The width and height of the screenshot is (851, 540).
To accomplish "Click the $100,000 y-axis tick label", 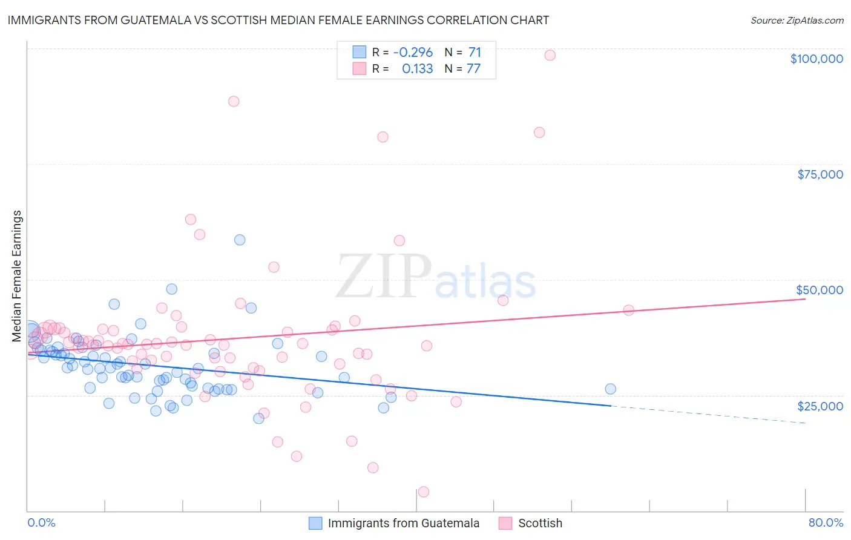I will click(x=816, y=59).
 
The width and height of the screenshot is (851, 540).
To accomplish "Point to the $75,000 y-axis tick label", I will click(x=820, y=174).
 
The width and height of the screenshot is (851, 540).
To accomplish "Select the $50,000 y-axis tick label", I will click(x=820, y=290).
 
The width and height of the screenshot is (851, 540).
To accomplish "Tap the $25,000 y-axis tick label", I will click(x=820, y=406).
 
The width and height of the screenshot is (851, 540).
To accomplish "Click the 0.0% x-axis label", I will click(x=41, y=523).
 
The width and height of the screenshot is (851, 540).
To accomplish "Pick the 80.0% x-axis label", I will click(x=826, y=523).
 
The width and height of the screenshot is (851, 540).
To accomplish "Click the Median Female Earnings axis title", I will click(x=17, y=276).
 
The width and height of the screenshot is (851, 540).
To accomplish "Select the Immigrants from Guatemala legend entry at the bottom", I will click(x=403, y=524).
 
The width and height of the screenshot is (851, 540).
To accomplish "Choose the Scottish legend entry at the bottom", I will click(x=540, y=524).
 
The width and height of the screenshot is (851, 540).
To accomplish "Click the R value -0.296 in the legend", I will click(x=413, y=53).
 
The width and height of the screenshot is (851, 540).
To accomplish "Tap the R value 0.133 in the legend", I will click(x=417, y=69).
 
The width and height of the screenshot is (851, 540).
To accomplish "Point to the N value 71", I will click(x=475, y=53).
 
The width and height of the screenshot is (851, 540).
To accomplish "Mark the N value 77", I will click(x=473, y=69).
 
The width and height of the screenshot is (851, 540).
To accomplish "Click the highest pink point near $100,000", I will click(x=550, y=55).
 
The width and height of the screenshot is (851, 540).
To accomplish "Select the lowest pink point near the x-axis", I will click(x=424, y=492).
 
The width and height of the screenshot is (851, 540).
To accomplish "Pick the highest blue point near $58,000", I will click(x=240, y=240).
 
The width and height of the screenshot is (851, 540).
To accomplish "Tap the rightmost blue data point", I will click(x=610, y=389).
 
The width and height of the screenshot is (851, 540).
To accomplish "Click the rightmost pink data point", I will click(x=628, y=310).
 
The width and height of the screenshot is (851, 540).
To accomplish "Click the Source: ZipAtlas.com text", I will click(x=797, y=21).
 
